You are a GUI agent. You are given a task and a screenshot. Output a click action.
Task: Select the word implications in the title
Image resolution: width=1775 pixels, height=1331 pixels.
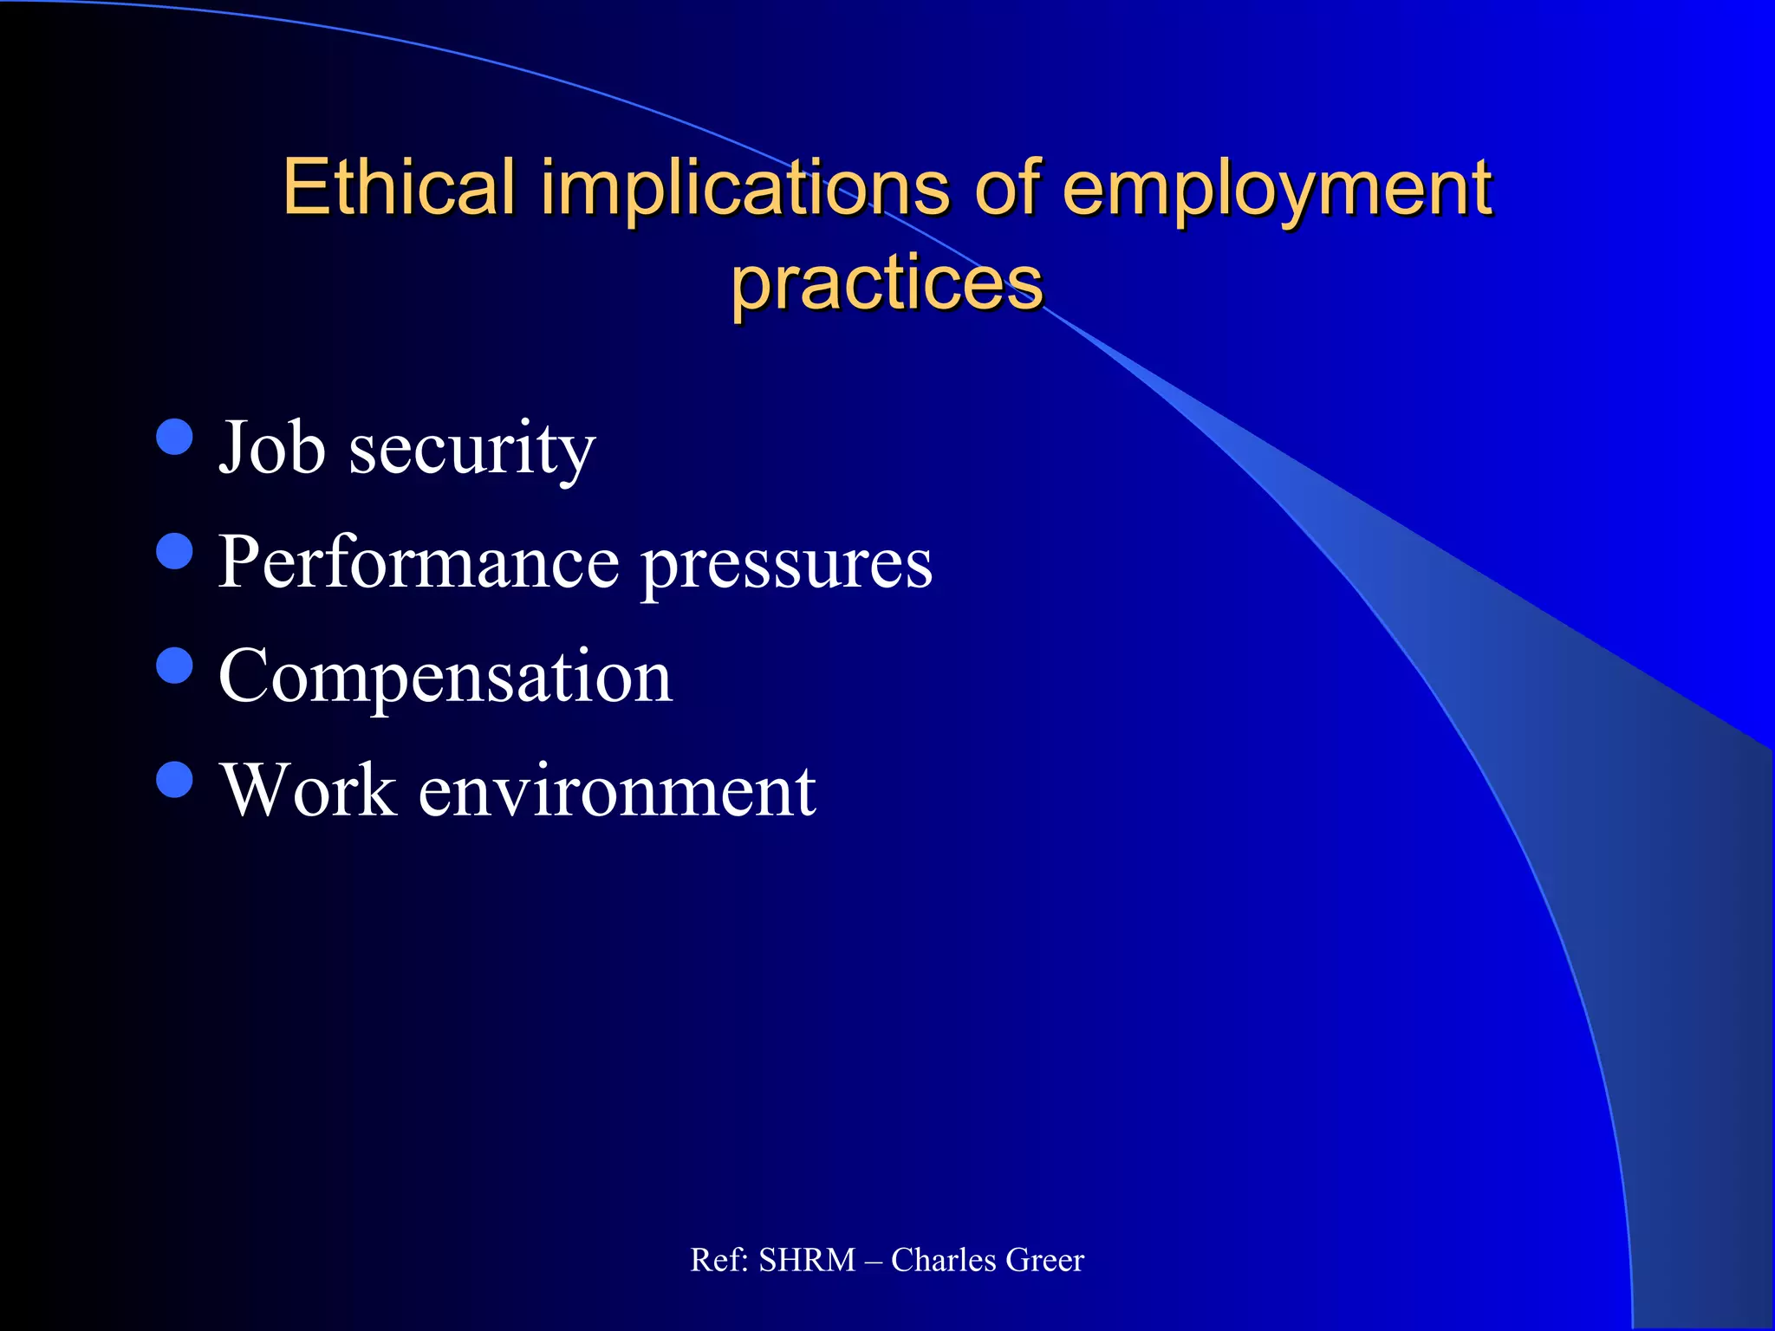(745, 189)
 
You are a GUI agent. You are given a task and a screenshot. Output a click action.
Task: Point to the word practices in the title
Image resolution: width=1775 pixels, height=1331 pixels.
(887, 284)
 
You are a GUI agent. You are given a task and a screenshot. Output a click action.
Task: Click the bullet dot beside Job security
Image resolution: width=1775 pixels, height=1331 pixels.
(175, 438)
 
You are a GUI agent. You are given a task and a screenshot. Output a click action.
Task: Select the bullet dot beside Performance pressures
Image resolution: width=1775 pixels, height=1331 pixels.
(175, 551)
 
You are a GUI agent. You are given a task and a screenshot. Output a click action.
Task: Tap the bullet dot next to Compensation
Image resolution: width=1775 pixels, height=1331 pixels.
(175, 665)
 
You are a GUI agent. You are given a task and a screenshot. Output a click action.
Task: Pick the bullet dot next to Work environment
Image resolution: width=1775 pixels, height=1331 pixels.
(175, 779)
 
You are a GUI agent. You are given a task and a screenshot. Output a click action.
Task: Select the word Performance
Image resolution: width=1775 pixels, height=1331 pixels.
(419, 562)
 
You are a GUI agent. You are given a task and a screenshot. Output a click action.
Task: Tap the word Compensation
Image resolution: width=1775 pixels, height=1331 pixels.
(445, 678)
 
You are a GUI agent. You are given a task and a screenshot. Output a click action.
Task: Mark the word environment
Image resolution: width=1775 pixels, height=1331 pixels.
(617, 791)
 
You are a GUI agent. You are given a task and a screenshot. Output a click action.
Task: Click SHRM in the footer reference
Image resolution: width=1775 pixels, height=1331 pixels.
(807, 1260)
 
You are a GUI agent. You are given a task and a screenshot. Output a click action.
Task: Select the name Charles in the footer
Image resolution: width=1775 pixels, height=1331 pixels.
(944, 1260)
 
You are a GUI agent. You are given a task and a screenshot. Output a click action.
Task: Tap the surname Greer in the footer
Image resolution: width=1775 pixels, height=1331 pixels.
(1044, 1260)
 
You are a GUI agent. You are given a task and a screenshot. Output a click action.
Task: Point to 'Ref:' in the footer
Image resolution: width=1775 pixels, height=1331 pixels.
(718, 1260)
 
